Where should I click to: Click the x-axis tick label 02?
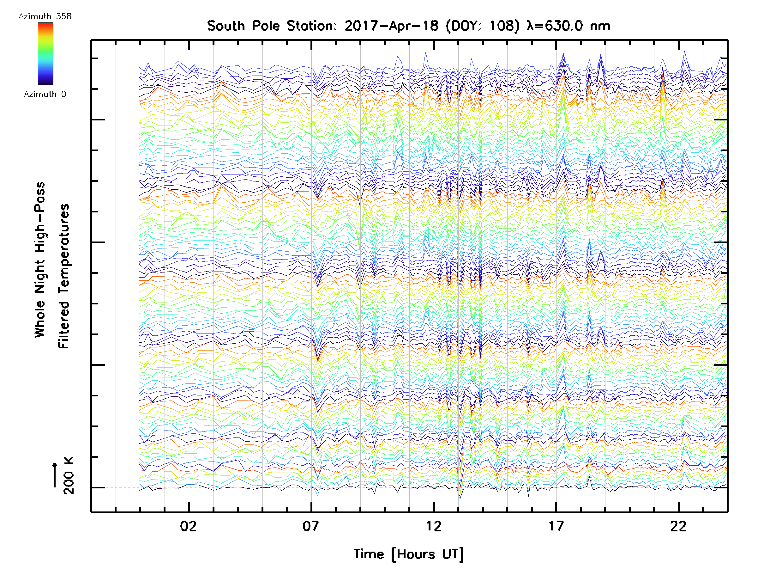coord(189,526)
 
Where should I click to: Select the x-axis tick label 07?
coord(311,526)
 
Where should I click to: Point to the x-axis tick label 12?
coord(434,526)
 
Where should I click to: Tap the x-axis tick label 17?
coord(556,526)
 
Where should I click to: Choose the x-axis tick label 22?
coord(678,526)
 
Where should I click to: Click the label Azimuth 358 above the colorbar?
coord(45,16)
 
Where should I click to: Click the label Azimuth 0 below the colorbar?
coord(45,94)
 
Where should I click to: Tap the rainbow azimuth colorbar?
coord(45,54)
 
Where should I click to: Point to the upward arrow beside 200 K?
coord(55,475)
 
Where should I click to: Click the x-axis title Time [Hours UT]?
coord(408,554)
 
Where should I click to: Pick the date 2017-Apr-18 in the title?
coord(391,26)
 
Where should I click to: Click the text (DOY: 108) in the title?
coord(483,26)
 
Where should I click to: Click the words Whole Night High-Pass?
coord(40,260)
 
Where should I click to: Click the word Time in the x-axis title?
coord(369,554)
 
